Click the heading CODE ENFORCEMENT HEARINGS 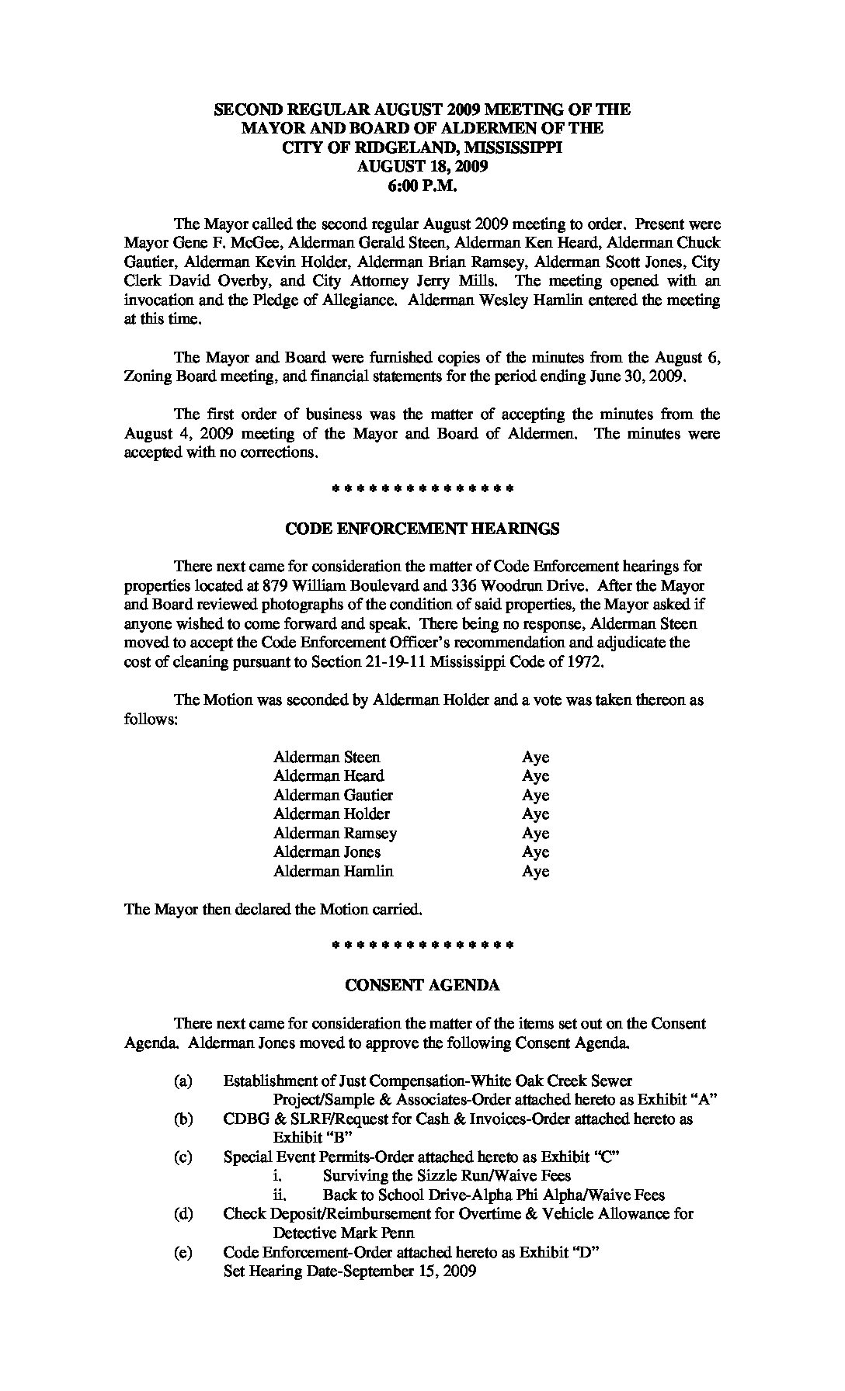422,529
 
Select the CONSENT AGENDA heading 422,986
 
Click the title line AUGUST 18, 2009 422,166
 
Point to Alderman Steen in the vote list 326,757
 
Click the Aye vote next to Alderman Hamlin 535,872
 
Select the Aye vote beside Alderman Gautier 535,796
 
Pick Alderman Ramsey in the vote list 335,834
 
